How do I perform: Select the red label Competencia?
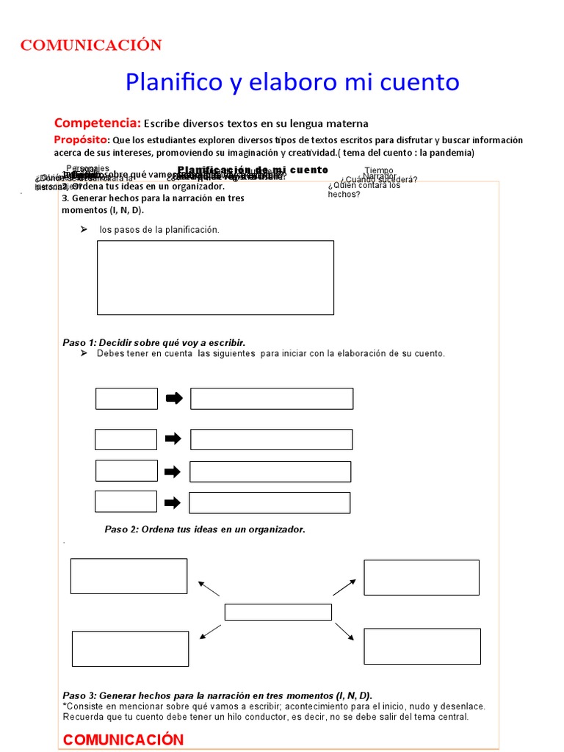click(x=97, y=123)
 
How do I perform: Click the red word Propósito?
click(x=81, y=140)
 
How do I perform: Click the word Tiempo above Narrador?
click(x=379, y=170)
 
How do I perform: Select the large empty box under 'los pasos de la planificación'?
click(x=215, y=278)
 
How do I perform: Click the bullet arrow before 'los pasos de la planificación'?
click(x=83, y=230)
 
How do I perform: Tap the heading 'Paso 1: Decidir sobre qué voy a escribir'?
click(x=154, y=343)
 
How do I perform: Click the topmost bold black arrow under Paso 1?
click(x=173, y=399)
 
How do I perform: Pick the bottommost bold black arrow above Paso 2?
click(x=173, y=503)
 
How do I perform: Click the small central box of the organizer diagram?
click(x=278, y=612)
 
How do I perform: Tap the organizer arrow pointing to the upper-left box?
click(x=209, y=588)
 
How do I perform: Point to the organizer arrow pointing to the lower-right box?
click(x=344, y=632)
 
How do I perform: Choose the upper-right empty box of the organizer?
click(x=421, y=577)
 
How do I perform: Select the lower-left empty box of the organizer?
click(x=130, y=648)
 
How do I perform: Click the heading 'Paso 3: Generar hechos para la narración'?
click(x=217, y=695)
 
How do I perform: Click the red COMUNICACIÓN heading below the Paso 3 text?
click(x=123, y=740)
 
